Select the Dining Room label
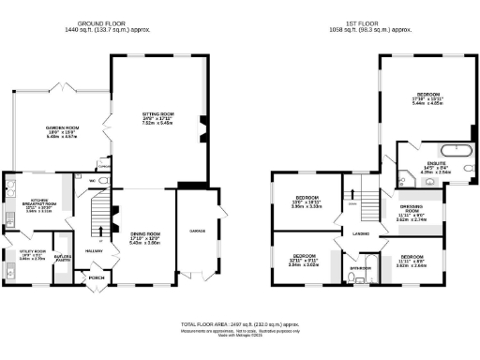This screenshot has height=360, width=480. [143, 236]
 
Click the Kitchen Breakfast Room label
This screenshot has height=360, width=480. [24, 205]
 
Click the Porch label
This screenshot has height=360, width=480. [96, 277]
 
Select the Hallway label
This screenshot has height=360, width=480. [95, 251]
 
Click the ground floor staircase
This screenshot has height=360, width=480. [97, 217]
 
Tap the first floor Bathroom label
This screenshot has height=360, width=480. [360, 269]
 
